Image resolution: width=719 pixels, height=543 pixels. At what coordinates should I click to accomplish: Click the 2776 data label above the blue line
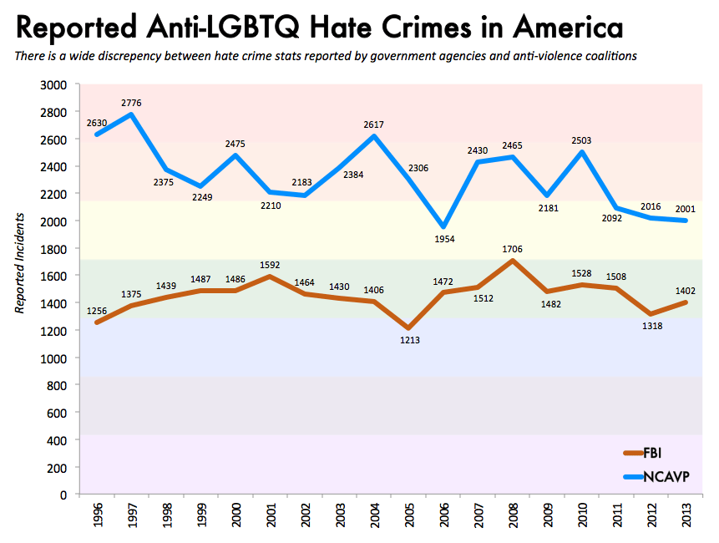pos(132,103)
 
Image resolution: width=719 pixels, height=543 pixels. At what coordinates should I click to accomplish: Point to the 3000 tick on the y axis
pos(55,85)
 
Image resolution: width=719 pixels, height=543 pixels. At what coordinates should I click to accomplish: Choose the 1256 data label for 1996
pos(98,312)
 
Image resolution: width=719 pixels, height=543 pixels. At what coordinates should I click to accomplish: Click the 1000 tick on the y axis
pos(55,358)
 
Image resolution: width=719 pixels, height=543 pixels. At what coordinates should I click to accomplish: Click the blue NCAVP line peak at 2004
pos(372,136)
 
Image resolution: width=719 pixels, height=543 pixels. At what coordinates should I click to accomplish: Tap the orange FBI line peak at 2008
pos(511,261)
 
